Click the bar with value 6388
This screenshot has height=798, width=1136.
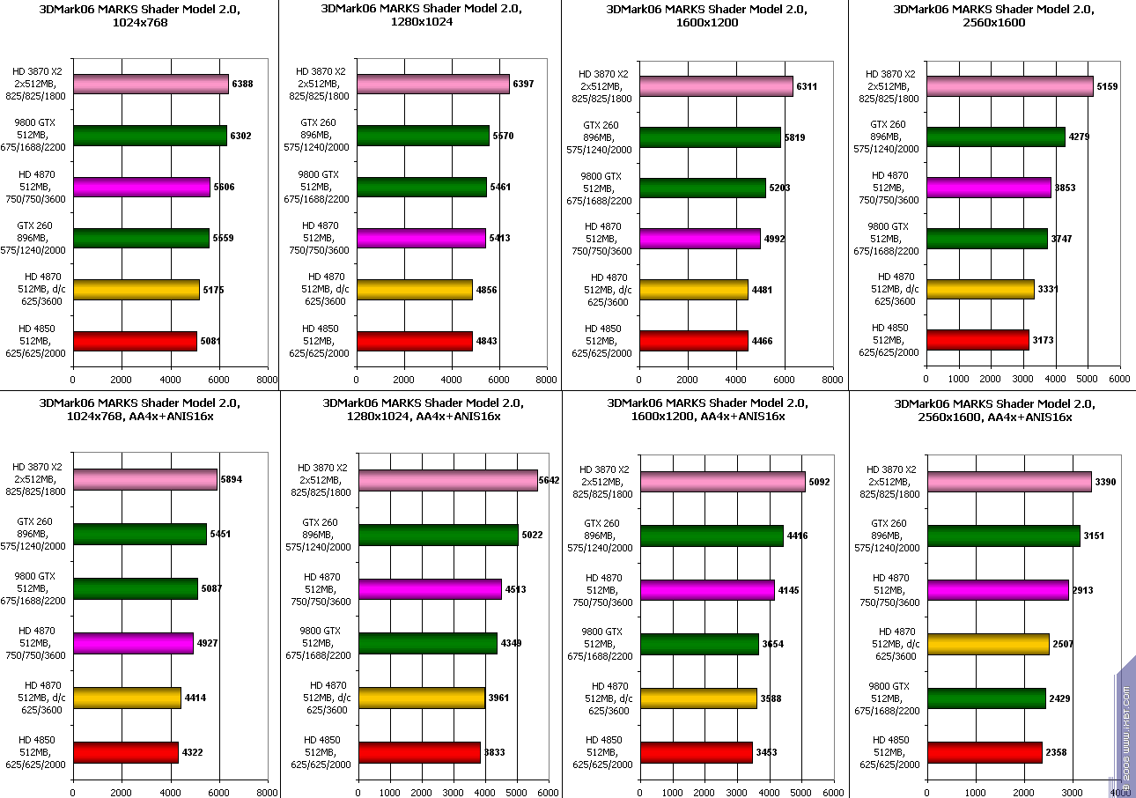pos(151,85)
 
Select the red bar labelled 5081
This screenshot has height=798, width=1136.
pos(135,341)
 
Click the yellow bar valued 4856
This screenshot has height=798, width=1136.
pos(414,290)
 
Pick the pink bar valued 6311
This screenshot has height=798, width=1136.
pos(716,87)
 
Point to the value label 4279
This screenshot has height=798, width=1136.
pos(1079,137)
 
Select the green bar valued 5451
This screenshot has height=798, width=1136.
pos(140,534)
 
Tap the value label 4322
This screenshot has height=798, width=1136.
pos(193,753)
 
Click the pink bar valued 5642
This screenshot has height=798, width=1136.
pos(447,480)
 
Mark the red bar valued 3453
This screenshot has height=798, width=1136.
pos(696,752)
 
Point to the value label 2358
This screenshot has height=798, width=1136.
pos(1057,753)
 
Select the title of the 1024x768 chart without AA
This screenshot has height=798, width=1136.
pos(140,16)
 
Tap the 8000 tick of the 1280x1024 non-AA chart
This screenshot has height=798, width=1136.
pos(546,380)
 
